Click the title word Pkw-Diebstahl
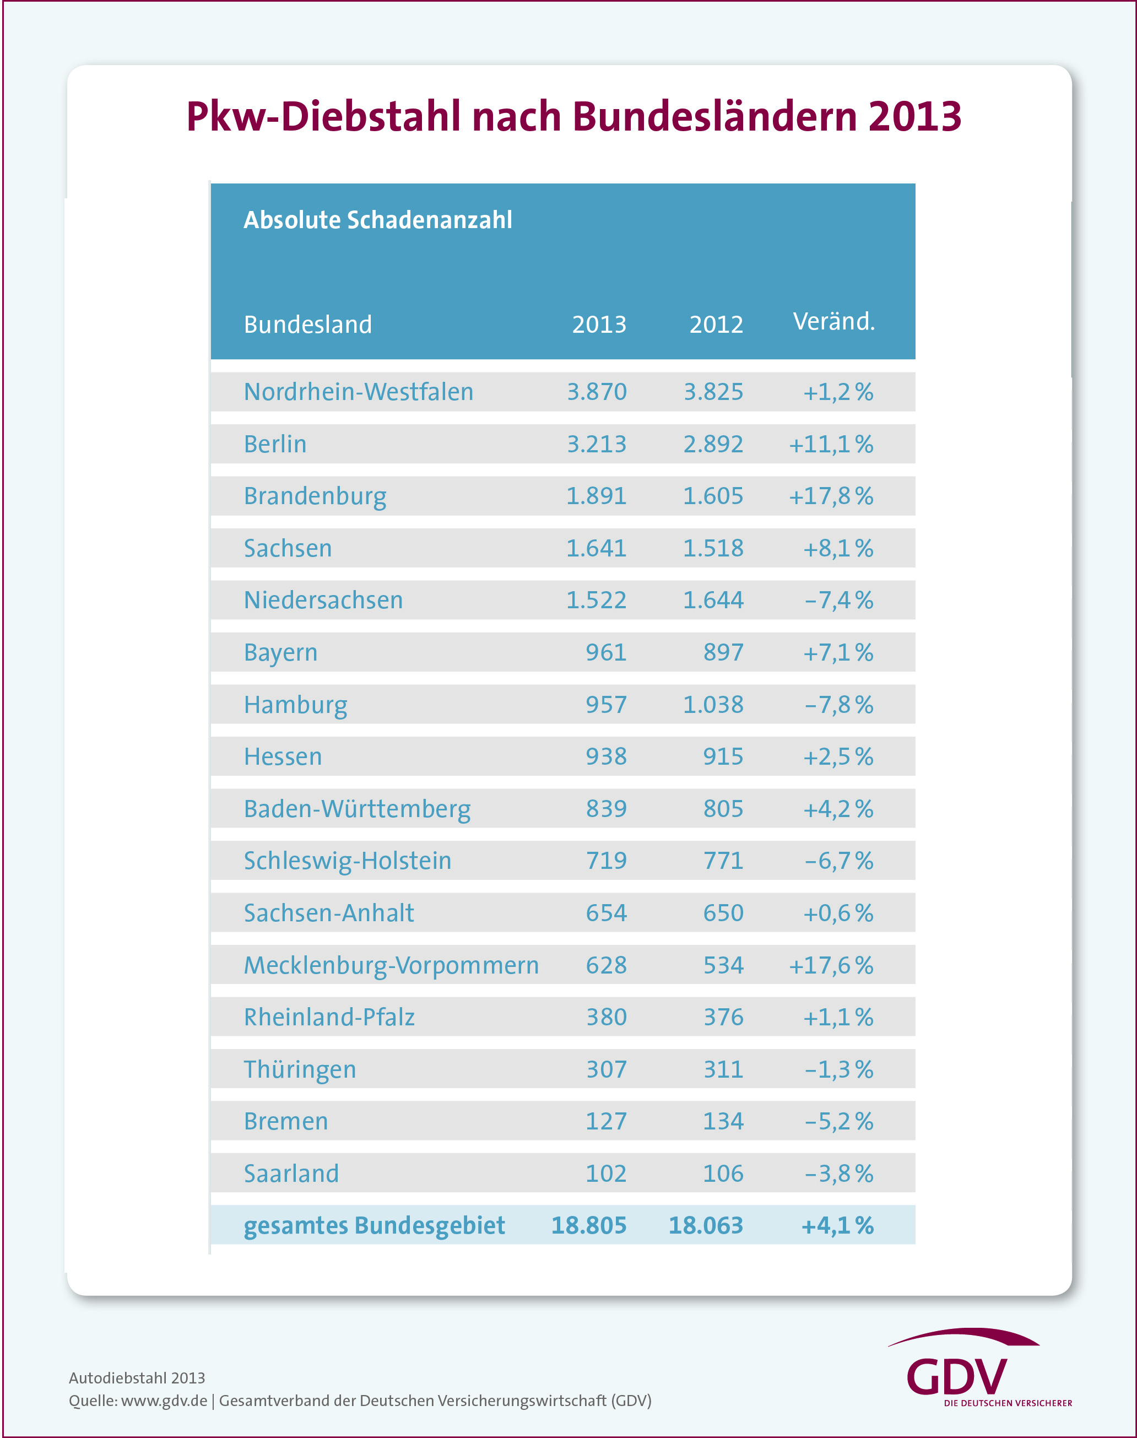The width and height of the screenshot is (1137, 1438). tap(323, 117)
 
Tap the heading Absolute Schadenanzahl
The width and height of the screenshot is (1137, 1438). tap(377, 220)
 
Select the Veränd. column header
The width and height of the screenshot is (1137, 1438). tap(833, 322)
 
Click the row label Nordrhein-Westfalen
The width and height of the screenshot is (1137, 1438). tap(358, 392)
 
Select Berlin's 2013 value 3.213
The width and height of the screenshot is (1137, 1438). tap(597, 444)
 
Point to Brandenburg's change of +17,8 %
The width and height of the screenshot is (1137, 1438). tap(831, 496)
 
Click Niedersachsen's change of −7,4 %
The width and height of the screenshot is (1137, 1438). tap(839, 601)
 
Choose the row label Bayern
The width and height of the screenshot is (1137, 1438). tap(280, 652)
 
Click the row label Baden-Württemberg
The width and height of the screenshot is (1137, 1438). tap(357, 809)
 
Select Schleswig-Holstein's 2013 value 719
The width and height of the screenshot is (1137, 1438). tap(606, 861)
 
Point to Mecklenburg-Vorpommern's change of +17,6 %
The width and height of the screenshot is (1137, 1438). tap(831, 965)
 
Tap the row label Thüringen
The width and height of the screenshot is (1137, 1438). tap(300, 1070)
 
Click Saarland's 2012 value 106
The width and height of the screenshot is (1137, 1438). tap(723, 1174)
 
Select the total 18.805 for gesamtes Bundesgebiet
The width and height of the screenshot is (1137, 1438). tap(588, 1226)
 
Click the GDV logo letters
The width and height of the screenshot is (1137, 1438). tap(957, 1377)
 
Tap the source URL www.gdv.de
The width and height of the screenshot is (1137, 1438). tap(164, 1401)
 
